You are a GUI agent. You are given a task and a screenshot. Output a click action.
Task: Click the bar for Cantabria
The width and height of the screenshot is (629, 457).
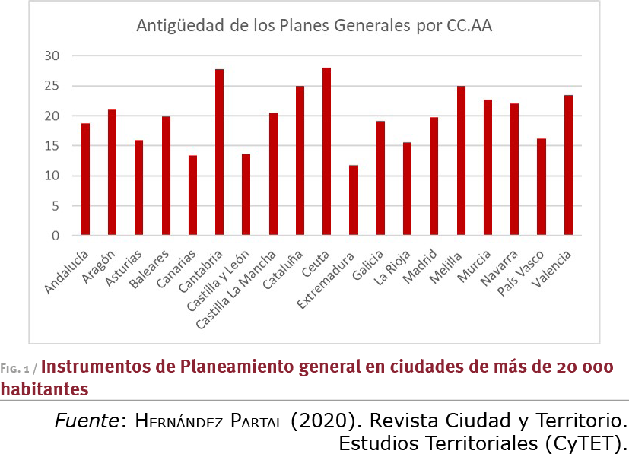[x=219, y=152]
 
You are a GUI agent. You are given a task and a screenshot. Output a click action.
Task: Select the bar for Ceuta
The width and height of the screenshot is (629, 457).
[x=326, y=151]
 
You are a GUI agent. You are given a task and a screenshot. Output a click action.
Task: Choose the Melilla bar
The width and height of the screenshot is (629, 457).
[x=461, y=160]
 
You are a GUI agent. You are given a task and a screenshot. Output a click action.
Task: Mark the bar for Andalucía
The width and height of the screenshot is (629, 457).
[x=85, y=179]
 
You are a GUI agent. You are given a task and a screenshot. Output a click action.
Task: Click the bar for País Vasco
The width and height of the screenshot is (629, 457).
[x=542, y=187]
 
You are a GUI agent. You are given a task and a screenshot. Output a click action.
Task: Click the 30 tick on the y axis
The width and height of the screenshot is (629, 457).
[x=52, y=56]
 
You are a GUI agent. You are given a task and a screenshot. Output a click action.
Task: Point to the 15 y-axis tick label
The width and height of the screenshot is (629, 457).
[x=52, y=146]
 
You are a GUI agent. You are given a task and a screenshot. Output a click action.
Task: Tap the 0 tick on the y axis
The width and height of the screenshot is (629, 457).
[x=56, y=236]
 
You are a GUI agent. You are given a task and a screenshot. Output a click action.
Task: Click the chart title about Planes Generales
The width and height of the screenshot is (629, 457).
[x=313, y=25]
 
